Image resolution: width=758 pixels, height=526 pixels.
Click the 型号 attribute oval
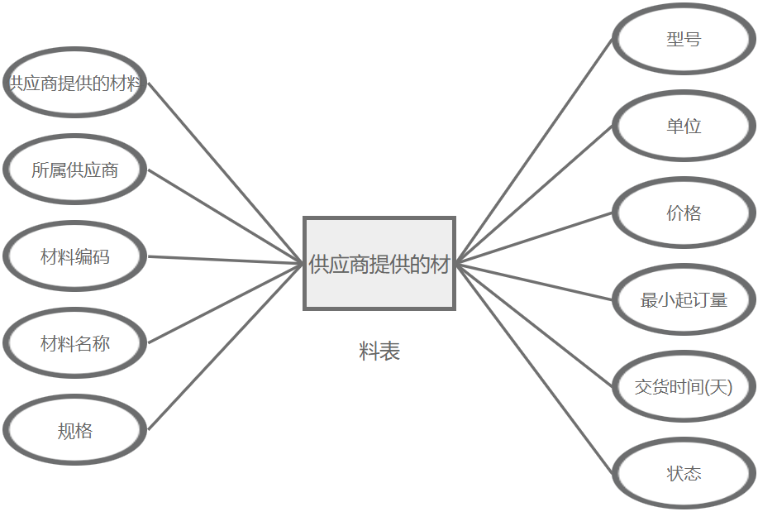(x=684, y=39)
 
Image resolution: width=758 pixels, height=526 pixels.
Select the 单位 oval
(x=684, y=126)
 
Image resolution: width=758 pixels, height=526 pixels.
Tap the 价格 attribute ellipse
(x=684, y=213)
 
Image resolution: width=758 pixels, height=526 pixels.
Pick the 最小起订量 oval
(x=684, y=299)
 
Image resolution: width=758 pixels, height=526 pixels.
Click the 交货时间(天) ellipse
(x=684, y=386)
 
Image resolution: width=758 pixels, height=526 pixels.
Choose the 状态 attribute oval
(x=684, y=473)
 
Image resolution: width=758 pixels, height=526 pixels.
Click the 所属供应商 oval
(x=74, y=170)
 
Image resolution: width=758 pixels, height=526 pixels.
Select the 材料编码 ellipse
(x=74, y=256)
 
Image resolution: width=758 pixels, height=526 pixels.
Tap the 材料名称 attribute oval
(x=74, y=343)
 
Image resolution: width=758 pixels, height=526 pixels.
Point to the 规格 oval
(x=74, y=430)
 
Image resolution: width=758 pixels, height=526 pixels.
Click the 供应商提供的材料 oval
(x=74, y=83)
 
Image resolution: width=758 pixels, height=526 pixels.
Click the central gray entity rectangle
(x=379, y=264)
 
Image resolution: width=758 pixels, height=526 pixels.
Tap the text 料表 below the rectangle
(x=379, y=351)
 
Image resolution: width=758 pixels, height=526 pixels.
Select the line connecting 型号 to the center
(x=535, y=151)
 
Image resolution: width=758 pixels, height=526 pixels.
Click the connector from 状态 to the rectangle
(x=535, y=369)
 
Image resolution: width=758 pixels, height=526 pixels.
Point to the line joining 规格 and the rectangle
(x=225, y=347)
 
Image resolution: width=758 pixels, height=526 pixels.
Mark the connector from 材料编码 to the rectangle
(x=225, y=261)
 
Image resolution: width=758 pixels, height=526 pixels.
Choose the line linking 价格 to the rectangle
(x=535, y=238)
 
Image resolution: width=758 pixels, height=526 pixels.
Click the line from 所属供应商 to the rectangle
(x=225, y=217)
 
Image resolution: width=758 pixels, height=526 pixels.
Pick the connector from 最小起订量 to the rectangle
(x=535, y=282)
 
